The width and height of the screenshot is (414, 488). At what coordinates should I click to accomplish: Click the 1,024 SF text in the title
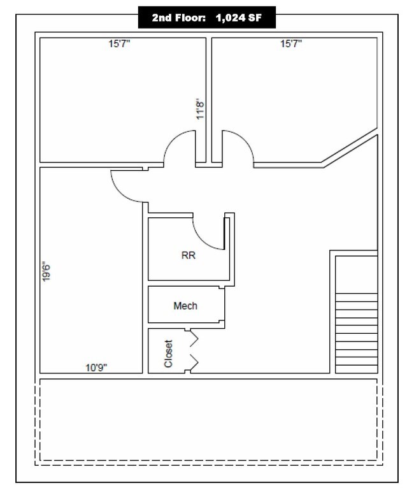(239, 18)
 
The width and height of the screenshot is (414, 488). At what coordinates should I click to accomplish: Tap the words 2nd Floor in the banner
(178, 18)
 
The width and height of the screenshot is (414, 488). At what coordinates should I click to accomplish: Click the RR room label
(188, 255)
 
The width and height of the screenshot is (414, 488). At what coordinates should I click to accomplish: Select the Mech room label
(185, 306)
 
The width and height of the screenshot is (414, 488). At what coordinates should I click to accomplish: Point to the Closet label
(168, 354)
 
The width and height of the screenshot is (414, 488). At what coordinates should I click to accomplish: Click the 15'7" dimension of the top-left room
(119, 43)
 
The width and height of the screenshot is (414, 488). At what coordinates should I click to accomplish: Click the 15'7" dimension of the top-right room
(291, 43)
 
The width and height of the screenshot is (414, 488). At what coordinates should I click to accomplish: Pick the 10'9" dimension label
(96, 368)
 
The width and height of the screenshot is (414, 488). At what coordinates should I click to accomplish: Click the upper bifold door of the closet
(194, 338)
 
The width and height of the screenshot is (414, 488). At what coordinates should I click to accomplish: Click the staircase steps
(357, 333)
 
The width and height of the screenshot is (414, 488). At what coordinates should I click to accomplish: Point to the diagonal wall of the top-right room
(350, 148)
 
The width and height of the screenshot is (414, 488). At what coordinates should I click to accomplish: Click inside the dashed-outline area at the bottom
(208, 420)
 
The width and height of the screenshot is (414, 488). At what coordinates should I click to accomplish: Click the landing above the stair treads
(357, 275)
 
